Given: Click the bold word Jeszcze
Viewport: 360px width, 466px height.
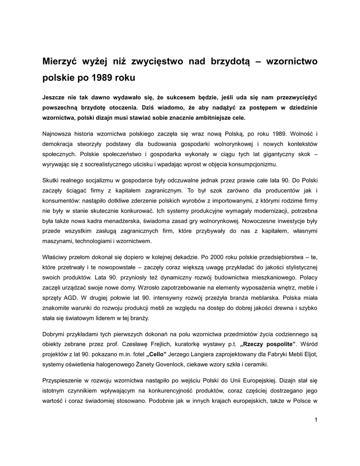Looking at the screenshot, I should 57,97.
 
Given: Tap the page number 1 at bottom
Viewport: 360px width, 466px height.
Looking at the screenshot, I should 315,419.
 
